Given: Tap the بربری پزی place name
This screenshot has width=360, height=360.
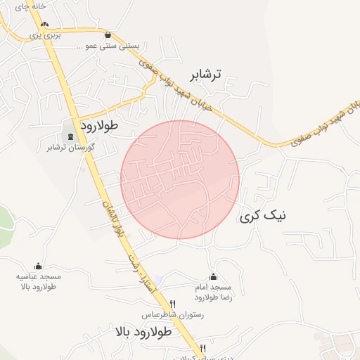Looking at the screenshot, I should point(49,34).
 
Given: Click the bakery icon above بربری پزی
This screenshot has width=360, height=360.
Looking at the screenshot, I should point(44,24).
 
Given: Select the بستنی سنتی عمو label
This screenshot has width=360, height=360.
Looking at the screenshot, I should point(108,46).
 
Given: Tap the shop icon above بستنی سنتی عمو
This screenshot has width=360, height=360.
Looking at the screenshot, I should point(108,34).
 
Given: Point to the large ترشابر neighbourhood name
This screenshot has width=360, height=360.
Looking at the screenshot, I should point(205,74).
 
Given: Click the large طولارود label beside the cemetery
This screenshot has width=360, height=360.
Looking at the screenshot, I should point(99,125).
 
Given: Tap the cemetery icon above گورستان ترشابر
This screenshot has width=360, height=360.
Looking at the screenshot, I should point(70,136).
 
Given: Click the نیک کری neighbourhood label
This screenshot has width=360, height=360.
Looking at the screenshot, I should point(263,216).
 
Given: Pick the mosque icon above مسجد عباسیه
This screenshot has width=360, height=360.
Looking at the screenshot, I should point(38,266).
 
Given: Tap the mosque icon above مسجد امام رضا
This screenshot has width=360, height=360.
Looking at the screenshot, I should point(213,276).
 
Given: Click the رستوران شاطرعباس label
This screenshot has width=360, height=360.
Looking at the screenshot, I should point(174,316).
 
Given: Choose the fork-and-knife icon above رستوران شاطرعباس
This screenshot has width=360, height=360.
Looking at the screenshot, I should point(173,304).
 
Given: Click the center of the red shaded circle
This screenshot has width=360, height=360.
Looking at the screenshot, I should point(180,179).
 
